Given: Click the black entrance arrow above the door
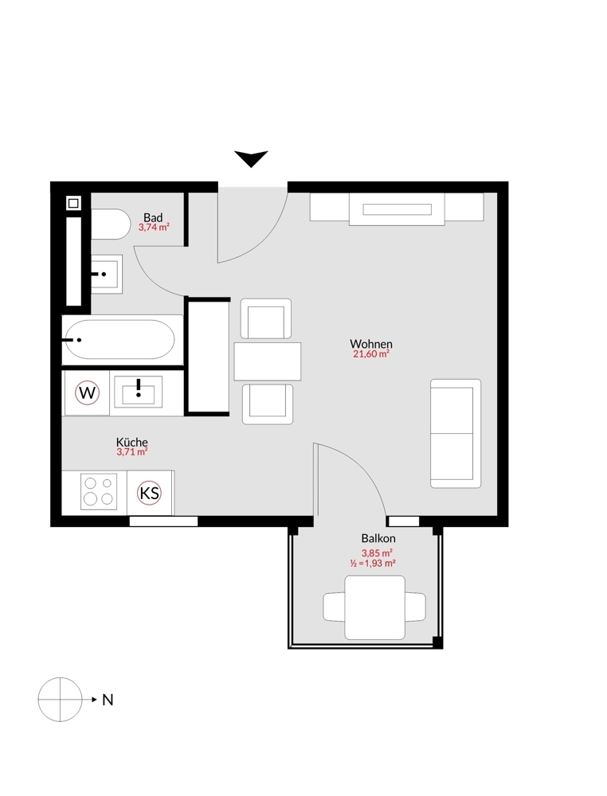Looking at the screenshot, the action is pos(251,158).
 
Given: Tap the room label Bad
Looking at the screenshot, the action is pos(153,218).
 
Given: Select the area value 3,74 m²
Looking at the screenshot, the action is pos(154,228).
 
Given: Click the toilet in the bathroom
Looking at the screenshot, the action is pos(110,224).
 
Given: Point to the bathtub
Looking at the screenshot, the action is pos(122,340).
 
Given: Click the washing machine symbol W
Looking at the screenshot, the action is pos(87,392).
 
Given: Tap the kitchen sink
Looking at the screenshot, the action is pos(138,391).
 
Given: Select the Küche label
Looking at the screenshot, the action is pos(132,442).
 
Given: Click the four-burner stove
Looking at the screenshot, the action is pos(99,491).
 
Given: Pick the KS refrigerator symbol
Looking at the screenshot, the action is pos(149,493).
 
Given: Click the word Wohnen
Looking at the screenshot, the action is pos(371,344).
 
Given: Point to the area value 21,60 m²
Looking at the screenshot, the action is pos(371,354).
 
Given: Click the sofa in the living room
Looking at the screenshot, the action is pos(456,434).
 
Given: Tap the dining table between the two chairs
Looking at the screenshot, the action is pos(267,361).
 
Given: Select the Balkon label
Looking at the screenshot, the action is pos(378,538).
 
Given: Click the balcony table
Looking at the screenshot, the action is pos(375,607).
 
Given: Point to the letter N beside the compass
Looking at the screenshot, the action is pos(108,700).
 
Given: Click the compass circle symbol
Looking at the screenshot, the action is pos(60,700).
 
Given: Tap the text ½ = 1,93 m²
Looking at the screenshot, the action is pos(372,563).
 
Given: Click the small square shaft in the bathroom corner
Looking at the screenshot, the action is pos(73,204).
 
